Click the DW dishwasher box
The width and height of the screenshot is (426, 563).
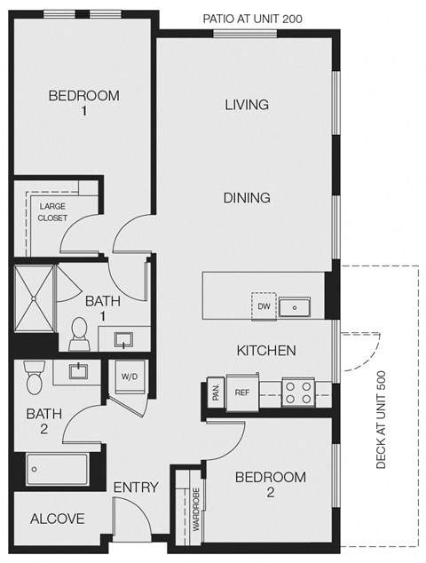264,305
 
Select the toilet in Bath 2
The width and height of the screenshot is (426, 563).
35,379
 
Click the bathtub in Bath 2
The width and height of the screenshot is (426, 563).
57,468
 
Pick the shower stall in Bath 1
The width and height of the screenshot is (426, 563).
34,299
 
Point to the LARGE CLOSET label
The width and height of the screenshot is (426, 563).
51,211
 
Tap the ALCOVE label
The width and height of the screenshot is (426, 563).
57,519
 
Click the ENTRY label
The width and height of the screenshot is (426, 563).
136,487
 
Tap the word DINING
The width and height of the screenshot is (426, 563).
247,198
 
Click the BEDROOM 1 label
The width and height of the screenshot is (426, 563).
83,102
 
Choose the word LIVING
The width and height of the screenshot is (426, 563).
246,105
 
